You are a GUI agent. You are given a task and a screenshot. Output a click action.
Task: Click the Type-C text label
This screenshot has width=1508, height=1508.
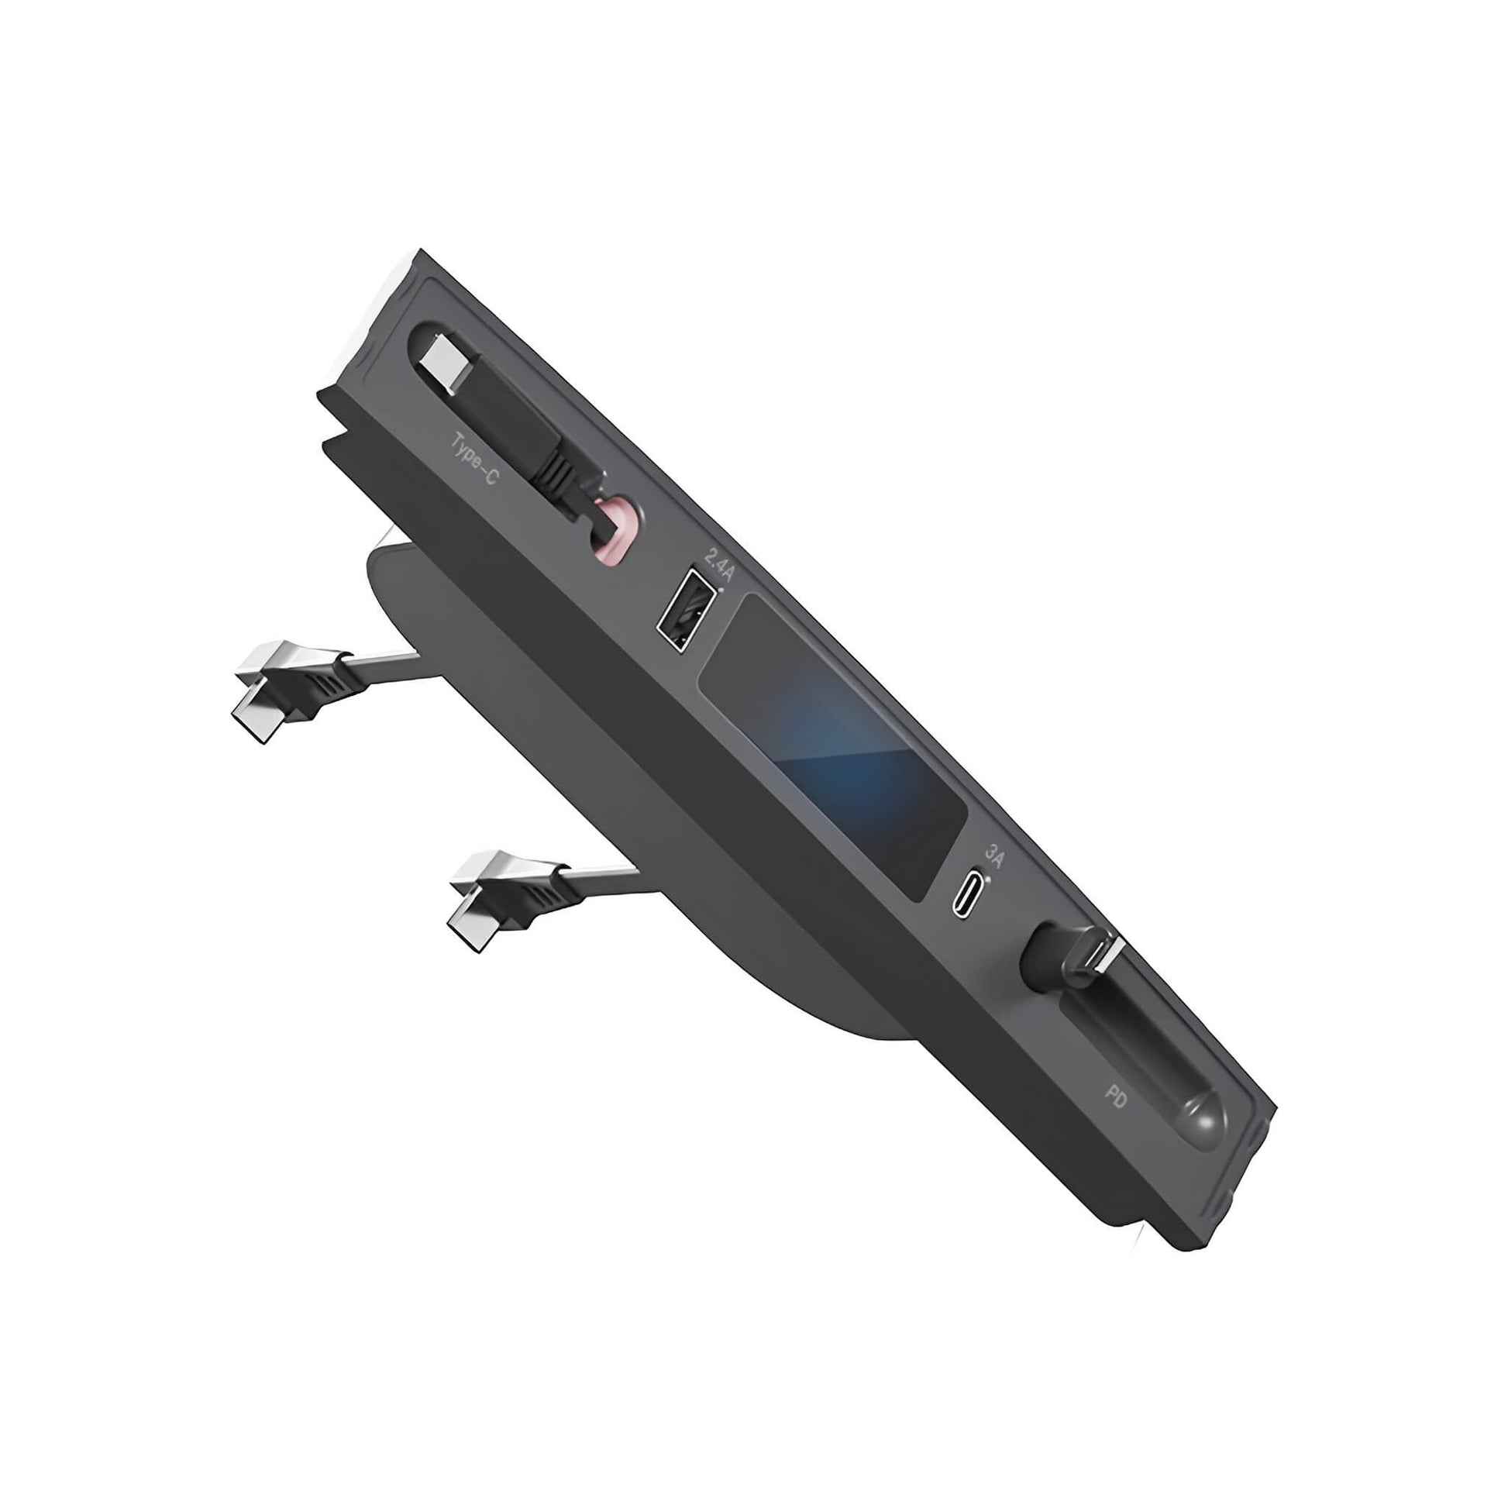[x=473, y=459]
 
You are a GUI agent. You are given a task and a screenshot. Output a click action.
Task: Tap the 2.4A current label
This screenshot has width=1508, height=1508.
[x=719, y=564]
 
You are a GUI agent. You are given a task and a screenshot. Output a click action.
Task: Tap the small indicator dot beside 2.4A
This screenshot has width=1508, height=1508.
[x=721, y=591]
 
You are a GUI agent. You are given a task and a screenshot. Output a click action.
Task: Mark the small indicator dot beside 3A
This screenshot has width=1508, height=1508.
[x=989, y=879]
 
